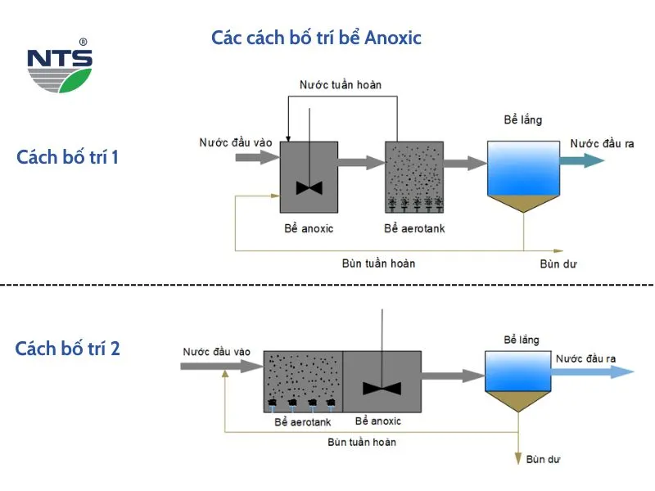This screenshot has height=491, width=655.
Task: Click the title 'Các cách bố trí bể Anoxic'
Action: (316, 38)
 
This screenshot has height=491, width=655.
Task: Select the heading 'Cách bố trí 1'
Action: (67, 157)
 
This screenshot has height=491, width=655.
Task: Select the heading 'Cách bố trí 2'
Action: (68, 349)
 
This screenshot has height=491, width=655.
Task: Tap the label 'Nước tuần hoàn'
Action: (341, 84)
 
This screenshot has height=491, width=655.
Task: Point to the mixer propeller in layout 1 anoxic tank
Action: (309, 187)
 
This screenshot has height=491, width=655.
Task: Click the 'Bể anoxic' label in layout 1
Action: (309, 228)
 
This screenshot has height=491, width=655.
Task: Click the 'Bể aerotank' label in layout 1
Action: (414, 228)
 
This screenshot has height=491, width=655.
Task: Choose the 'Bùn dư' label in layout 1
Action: (557, 263)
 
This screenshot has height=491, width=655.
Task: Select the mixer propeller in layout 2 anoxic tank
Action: (382, 387)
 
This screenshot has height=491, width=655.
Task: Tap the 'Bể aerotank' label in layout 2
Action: (301, 422)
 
